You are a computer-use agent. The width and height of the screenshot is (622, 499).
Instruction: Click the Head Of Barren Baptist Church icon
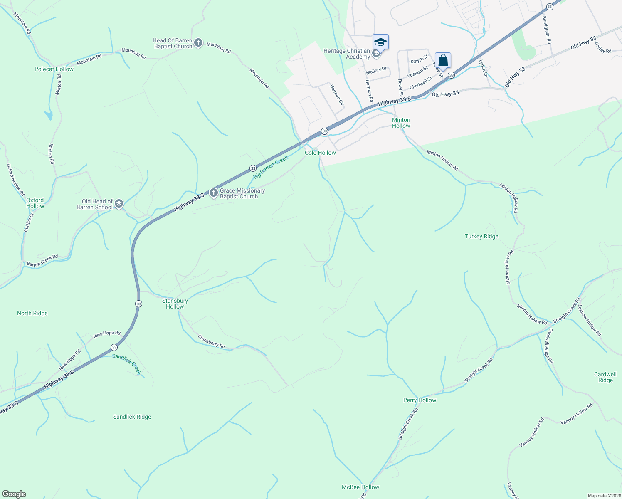click(x=198, y=43)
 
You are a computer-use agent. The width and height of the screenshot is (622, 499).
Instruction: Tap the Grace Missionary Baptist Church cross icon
click(x=214, y=193)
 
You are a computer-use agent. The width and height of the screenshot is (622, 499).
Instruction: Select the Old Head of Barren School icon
click(x=119, y=204)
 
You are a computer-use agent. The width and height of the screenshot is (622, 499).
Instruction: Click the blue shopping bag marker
click(x=443, y=61)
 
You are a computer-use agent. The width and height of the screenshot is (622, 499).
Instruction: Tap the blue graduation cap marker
click(x=380, y=42)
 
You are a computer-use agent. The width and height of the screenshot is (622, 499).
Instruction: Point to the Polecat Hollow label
click(x=54, y=69)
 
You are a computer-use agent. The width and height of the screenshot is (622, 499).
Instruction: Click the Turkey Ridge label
click(x=481, y=236)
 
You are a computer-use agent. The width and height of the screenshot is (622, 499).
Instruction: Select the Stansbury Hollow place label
click(x=175, y=304)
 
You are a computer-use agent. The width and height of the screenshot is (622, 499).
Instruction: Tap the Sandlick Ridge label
click(x=132, y=417)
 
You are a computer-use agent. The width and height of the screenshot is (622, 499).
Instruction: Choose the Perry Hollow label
click(x=420, y=400)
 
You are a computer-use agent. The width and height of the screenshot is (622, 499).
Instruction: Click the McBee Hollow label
click(x=360, y=487)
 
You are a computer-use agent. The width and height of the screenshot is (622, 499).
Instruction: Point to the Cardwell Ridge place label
click(x=605, y=377)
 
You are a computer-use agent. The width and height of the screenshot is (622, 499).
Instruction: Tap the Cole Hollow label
click(x=320, y=153)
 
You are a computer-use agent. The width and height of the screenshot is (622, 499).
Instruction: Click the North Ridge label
click(x=32, y=313)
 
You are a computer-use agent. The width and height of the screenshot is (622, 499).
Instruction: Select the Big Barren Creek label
click(x=271, y=167)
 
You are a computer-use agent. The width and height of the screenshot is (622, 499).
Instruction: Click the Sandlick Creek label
click(x=127, y=364)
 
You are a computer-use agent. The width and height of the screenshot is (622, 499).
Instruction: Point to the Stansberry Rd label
click(x=211, y=341)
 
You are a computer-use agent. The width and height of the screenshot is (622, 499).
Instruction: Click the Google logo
click(x=14, y=494)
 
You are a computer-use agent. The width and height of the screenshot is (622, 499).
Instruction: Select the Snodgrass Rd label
click(x=547, y=30)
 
